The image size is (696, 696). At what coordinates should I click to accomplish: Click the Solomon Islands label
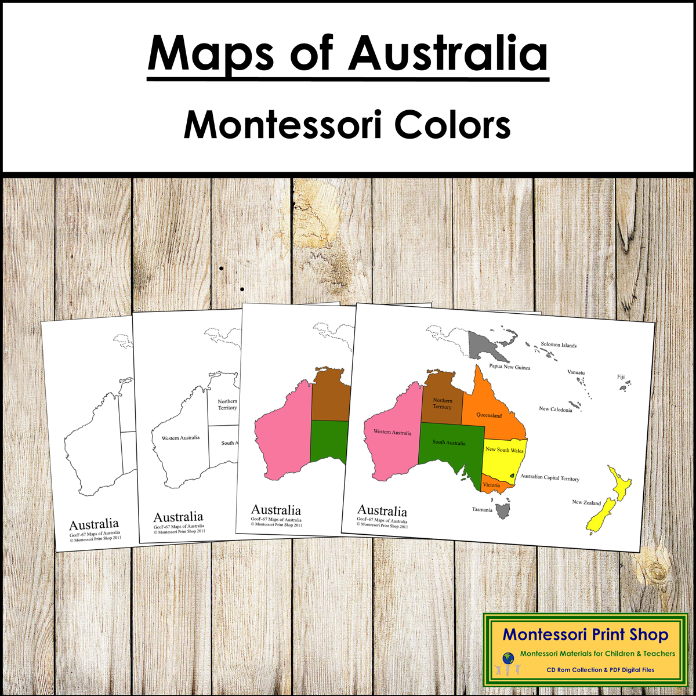pyautogui.click(x=559, y=345)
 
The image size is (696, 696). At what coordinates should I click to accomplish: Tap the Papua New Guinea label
pyautogui.click(x=509, y=367)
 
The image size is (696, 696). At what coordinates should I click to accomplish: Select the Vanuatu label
pyautogui.click(x=576, y=372)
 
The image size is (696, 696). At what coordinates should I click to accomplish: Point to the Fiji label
pyautogui.click(x=621, y=376)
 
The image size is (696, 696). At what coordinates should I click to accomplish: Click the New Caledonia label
pyautogui.click(x=555, y=409)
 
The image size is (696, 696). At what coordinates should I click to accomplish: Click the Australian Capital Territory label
pyautogui.click(x=550, y=478)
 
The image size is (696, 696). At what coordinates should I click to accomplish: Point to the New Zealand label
pyautogui.click(x=586, y=502)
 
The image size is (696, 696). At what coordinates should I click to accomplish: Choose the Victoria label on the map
pyautogui.click(x=491, y=485)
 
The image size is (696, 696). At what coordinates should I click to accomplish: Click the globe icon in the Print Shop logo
pyautogui.click(x=508, y=658)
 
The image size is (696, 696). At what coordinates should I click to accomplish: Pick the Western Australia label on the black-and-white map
pyautogui.click(x=180, y=438)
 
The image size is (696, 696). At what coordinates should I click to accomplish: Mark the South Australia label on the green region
pyautogui.click(x=448, y=443)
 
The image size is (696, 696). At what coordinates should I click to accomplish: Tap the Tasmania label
pyautogui.click(x=482, y=510)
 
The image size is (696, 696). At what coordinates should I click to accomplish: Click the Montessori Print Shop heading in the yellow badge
pyautogui.click(x=585, y=635)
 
